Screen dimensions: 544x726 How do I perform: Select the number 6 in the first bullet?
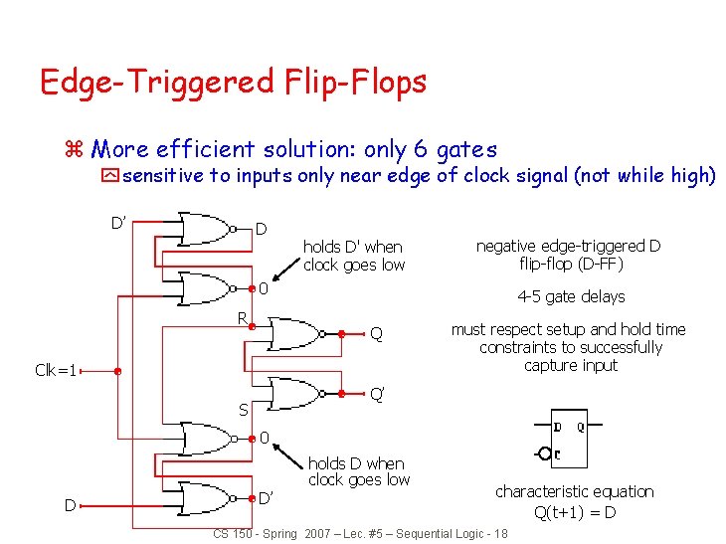coord(420,150)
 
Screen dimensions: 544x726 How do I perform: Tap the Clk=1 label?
coord(57,371)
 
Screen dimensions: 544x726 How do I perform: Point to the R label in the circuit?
coord(240,318)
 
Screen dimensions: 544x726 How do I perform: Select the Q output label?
coord(376,334)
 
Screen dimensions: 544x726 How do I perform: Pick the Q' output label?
coord(378,394)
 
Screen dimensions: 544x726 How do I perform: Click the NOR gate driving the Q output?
coord(298,333)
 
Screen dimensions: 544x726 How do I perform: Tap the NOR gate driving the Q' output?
coord(298,394)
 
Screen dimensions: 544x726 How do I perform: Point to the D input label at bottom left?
coord(71,505)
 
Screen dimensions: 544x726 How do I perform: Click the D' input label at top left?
coord(117,220)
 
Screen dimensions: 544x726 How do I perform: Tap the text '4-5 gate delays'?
coord(571,296)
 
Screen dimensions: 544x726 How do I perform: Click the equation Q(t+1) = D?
coord(575,512)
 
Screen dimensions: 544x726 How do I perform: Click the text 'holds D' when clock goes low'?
coord(353,256)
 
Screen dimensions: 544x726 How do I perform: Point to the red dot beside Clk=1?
coord(117,371)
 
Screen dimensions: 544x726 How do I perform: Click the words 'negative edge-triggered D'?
coord(569,246)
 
